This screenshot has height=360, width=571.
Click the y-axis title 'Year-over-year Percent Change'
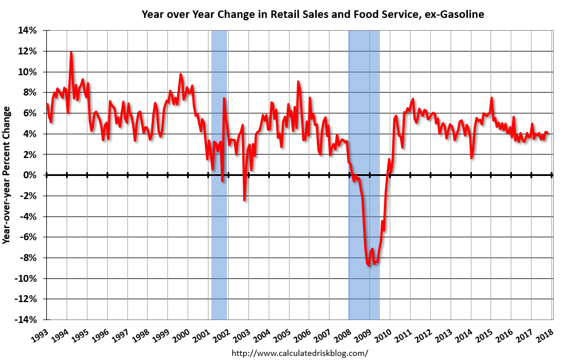click(x=8, y=175)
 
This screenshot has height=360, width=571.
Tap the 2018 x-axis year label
click(x=544, y=334)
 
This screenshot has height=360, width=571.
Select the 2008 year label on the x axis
click(x=342, y=334)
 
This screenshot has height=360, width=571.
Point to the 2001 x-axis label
click(x=202, y=334)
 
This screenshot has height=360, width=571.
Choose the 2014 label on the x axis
click(x=463, y=334)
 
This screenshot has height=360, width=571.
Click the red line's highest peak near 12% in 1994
click(x=71, y=53)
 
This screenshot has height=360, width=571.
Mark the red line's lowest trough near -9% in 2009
click(x=369, y=265)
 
